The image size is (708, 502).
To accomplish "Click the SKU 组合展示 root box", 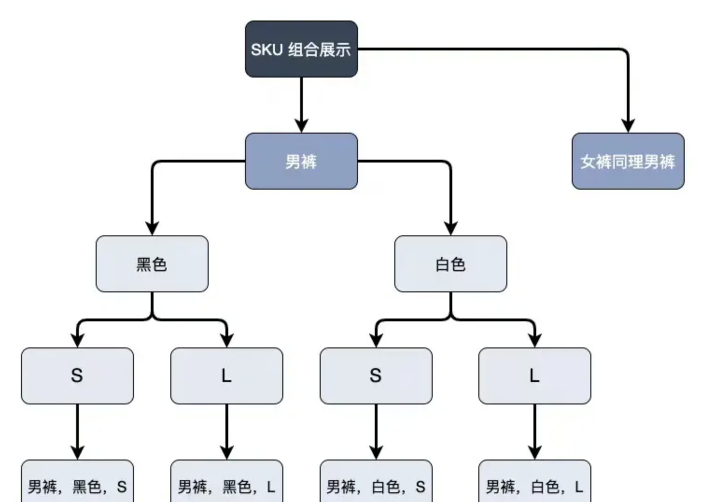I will point(301,49).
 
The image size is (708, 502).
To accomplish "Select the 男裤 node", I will point(301,161).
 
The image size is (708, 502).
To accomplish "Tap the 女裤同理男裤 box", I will point(628,161).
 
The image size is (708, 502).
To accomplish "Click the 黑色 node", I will point(152,264).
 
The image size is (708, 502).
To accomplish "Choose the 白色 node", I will point(450,264).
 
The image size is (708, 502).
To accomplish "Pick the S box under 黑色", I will point(77,376).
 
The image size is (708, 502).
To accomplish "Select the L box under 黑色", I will point(226,376).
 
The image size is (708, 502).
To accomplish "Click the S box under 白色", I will point(376,376).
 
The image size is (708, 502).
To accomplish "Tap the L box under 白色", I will point(534,376).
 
